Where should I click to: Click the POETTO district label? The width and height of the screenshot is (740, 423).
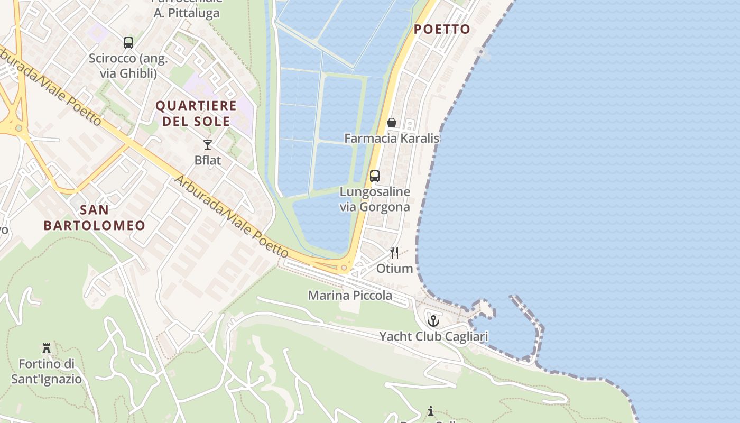point(442,30)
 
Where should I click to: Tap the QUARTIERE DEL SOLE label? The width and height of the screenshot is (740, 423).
point(196,114)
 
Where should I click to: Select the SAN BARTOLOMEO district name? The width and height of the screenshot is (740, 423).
point(95,217)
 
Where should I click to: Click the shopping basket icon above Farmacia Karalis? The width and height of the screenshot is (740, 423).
point(392,123)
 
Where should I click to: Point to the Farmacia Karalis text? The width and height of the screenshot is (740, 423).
point(392,139)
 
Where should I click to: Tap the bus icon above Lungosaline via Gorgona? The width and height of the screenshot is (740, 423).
point(375,176)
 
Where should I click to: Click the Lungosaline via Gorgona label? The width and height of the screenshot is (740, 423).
point(375,199)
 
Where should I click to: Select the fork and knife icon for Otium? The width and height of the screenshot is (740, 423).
point(394,253)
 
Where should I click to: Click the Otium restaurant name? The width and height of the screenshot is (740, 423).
point(394,269)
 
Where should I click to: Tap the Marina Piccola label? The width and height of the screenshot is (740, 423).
point(350,295)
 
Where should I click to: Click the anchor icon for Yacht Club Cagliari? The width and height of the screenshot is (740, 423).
point(433,320)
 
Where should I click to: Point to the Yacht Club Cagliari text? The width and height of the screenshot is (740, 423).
point(433,336)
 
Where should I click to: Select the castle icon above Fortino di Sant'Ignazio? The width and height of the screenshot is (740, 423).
point(47,348)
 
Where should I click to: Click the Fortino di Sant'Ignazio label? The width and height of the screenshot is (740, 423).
point(47,372)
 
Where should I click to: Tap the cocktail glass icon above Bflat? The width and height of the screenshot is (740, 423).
point(208,144)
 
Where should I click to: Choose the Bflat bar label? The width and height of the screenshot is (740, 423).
point(208,160)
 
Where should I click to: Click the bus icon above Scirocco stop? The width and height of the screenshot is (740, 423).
point(128,42)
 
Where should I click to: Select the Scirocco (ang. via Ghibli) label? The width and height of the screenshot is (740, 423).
point(128,66)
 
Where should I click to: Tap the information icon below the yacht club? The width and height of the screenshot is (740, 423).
point(431,411)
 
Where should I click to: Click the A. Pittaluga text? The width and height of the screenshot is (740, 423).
point(187,14)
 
